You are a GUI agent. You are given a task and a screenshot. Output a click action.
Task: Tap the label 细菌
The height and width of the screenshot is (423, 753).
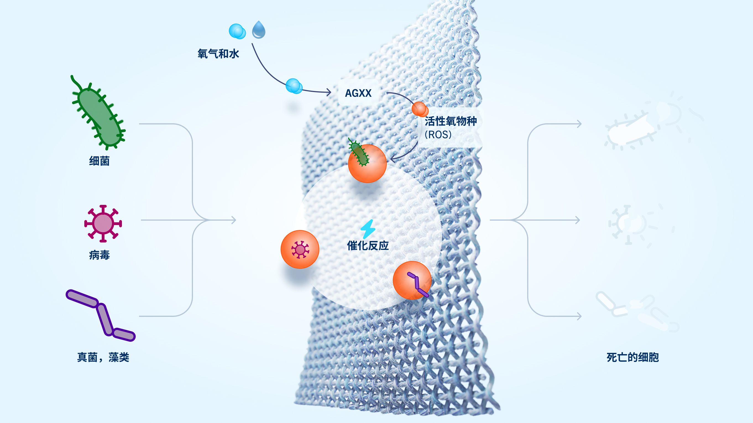coord(100,161)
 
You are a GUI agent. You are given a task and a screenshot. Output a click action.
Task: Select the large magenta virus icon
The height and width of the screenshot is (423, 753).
coord(103,224)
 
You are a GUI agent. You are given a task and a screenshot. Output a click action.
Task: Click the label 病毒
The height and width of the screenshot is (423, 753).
coord(100,255)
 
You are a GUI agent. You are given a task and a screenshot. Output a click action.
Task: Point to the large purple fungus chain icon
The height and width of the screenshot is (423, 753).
coord(101,315)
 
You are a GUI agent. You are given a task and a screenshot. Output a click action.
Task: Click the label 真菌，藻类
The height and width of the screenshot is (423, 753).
coord(103,357)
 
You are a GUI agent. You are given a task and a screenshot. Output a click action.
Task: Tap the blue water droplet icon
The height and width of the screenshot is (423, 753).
coord(259,30)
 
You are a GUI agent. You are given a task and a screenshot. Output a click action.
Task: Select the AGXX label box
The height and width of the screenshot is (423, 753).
coord(358,93)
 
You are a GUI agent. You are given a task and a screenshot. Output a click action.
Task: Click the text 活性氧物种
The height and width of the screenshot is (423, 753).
coord(451,121)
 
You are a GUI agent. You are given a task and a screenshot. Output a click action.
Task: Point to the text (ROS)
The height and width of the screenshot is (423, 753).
coord(438,134)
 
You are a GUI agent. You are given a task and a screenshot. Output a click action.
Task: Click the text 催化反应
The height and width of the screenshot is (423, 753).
coord(368,246)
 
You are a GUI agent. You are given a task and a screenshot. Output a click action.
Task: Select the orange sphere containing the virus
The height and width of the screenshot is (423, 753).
coord(300,249)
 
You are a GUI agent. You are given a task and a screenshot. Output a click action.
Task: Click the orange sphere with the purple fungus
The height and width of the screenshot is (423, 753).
coord(412,280)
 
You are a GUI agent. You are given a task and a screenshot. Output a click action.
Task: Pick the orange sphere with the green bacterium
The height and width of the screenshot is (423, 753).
coord(367,163)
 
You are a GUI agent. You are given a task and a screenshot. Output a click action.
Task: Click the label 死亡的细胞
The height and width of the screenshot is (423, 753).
coord(633,357)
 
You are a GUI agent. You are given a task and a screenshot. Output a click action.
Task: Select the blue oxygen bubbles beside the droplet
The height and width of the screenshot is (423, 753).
coord(237,31)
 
